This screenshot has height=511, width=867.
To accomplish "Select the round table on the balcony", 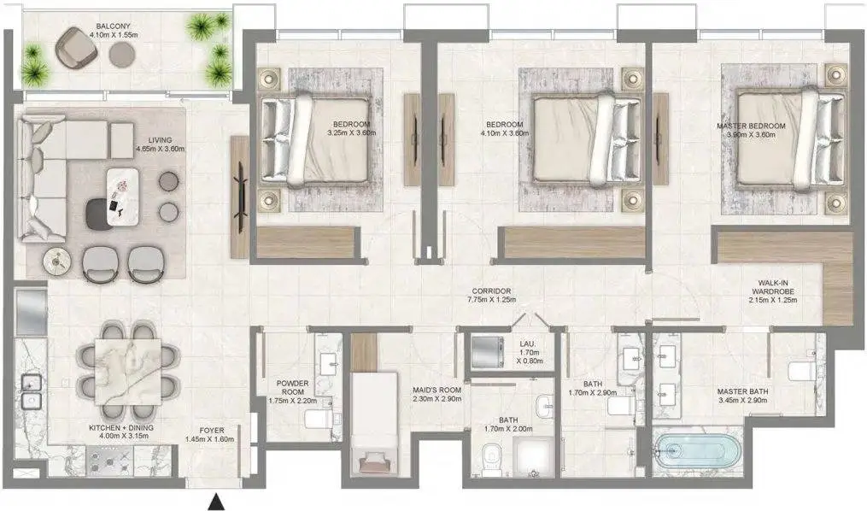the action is pos(122,54).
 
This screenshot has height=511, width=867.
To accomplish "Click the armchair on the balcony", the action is pos(76,48).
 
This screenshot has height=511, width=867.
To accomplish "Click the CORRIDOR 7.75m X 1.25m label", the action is pos(491,296).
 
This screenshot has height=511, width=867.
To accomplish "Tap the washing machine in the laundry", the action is pos(487,351).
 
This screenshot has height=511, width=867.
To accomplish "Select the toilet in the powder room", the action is pos(318,418).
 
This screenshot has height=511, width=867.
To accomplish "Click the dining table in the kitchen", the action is pos(128,372).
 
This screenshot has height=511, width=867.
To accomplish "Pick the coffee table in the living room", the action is pos(123,197).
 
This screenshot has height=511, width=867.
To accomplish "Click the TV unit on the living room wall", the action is pos(239,196).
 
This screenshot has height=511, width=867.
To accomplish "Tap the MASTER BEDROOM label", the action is pos(751,126).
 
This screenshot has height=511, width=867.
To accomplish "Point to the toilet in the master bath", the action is pos(801,370).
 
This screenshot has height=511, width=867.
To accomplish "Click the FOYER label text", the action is pos(212,431).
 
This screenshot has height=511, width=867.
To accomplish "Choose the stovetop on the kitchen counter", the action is pos(110,461).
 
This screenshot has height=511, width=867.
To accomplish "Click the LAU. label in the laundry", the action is pos(528,344).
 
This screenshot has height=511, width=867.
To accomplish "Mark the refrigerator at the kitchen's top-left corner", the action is pos(32,312).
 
